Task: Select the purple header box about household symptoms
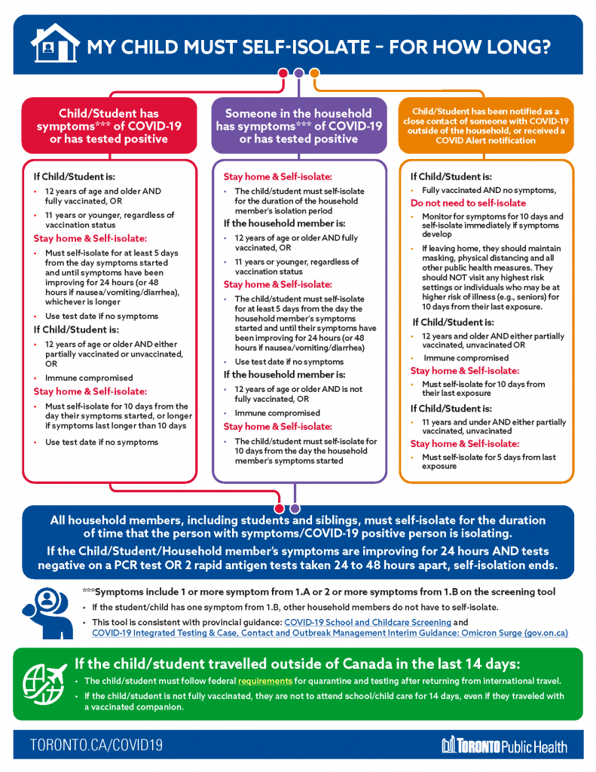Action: (298, 126)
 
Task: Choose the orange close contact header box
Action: (486, 126)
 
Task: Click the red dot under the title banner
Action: (283, 73)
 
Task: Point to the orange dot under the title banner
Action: (315, 73)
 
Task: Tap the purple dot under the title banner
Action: (299, 73)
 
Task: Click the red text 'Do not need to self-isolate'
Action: (468, 204)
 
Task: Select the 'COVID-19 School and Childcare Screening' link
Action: (368, 622)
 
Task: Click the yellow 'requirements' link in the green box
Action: (266, 682)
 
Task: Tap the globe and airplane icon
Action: (45, 681)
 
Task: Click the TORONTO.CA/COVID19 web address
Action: (96, 746)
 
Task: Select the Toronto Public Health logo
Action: (504, 746)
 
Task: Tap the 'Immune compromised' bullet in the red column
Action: (89, 378)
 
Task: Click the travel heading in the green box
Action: (297, 664)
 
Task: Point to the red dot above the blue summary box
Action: (280, 508)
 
